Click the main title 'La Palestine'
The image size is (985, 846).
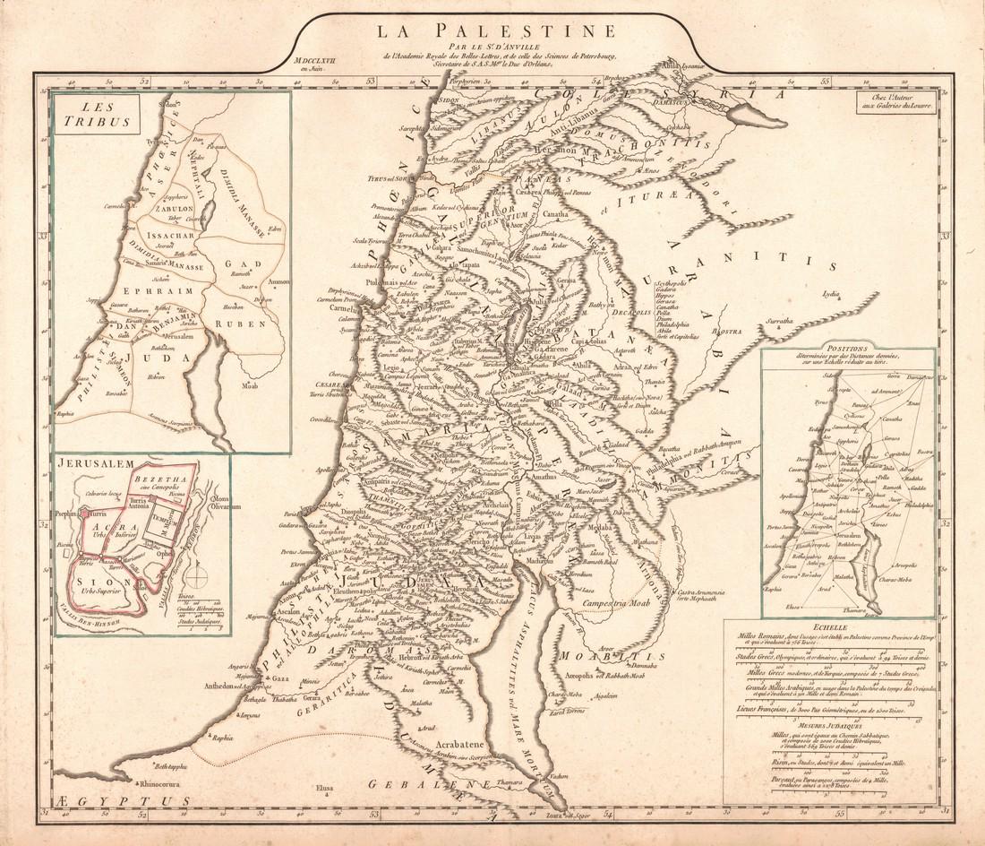click(x=495, y=32)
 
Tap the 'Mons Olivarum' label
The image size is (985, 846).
click(x=224, y=502)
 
